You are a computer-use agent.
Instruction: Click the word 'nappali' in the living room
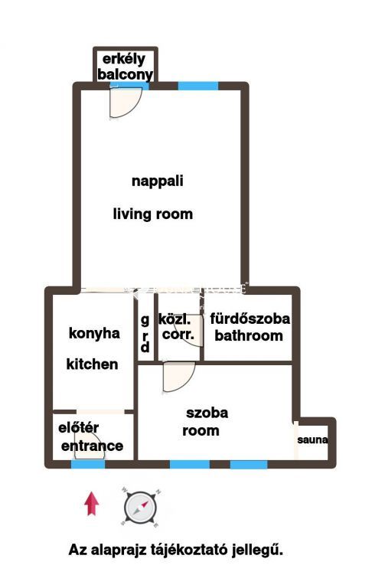tap(158, 181)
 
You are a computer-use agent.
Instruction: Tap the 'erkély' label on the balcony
tap(124, 59)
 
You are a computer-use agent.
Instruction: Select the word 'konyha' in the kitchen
tap(94, 333)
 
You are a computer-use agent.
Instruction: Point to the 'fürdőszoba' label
tap(250, 318)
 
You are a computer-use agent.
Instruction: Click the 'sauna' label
tap(313, 439)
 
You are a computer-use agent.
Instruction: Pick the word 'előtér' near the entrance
tap(78, 427)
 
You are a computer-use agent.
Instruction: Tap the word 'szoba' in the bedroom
tap(207, 413)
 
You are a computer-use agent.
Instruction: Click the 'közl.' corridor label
tap(175, 319)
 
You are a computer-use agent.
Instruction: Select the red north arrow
tap(92, 505)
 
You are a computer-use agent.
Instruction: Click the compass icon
tap(141, 508)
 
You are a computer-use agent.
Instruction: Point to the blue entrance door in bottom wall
tap(88, 464)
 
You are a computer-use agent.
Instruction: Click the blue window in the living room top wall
tap(198, 86)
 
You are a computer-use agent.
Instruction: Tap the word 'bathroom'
tap(249, 335)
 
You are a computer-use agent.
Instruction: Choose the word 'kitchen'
tap(93, 364)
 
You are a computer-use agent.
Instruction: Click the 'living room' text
tap(153, 214)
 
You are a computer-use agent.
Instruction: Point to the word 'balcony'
tap(126, 74)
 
